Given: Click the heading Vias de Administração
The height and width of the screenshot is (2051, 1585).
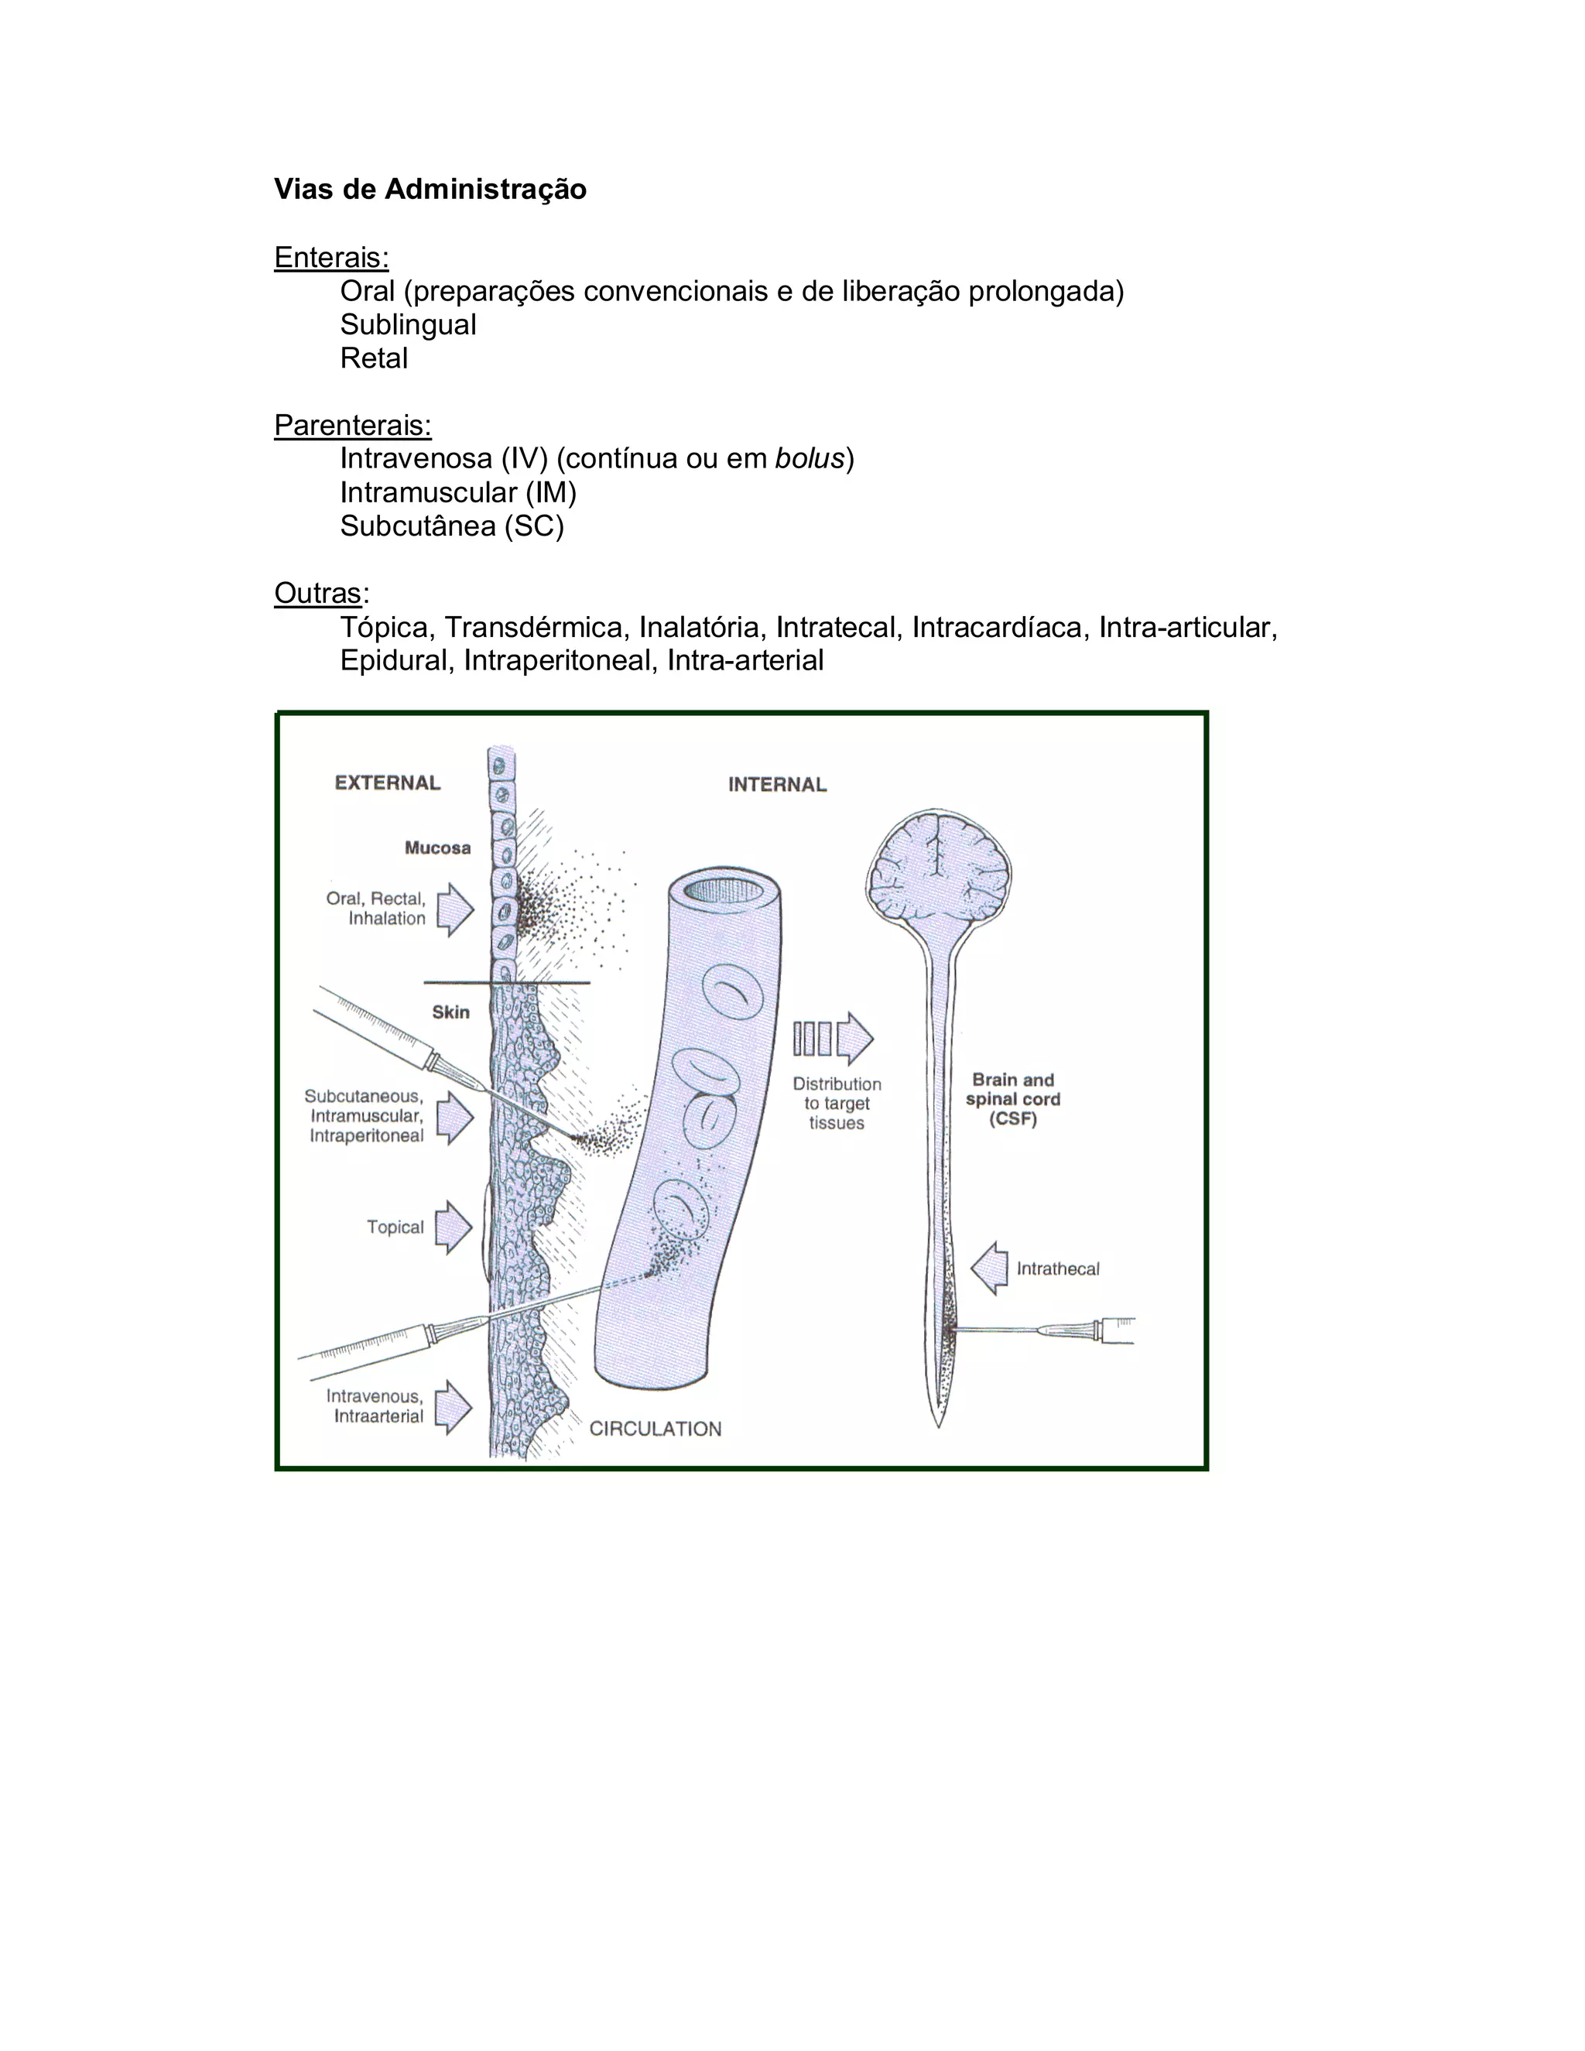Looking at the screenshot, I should [x=430, y=190].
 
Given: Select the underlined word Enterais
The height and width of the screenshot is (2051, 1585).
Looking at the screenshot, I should [x=330, y=257].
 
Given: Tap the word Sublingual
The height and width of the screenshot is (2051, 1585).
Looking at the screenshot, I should [x=408, y=325].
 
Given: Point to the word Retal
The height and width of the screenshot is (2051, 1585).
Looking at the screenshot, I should [x=374, y=359].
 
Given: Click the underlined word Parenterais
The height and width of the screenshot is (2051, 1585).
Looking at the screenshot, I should [x=352, y=426].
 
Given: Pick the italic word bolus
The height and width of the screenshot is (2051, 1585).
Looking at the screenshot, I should [x=810, y=459].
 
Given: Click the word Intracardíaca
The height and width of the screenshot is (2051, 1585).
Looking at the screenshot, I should [x=996, y=628].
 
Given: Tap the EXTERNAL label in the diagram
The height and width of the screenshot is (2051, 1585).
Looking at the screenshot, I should [x=387, y=783].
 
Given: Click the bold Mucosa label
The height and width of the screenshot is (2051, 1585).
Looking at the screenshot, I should [x=436, y=848].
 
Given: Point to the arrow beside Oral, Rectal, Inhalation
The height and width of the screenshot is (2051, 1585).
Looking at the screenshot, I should [x=455, y=909].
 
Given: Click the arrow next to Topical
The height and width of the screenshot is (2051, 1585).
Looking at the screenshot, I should [x=454, y=1227].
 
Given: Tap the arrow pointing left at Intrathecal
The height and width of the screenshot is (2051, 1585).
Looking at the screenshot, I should [x=990, y=1269].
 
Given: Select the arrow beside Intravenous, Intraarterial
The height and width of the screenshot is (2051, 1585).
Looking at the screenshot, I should [x=454, y=1407].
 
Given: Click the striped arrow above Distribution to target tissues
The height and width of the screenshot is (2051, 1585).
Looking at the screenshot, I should [x=833, y=1039].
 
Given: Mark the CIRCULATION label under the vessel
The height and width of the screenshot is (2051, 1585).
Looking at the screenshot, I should [x=656, y=1430].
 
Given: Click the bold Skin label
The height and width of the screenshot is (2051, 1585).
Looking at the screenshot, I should [x=450, y=1012].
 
